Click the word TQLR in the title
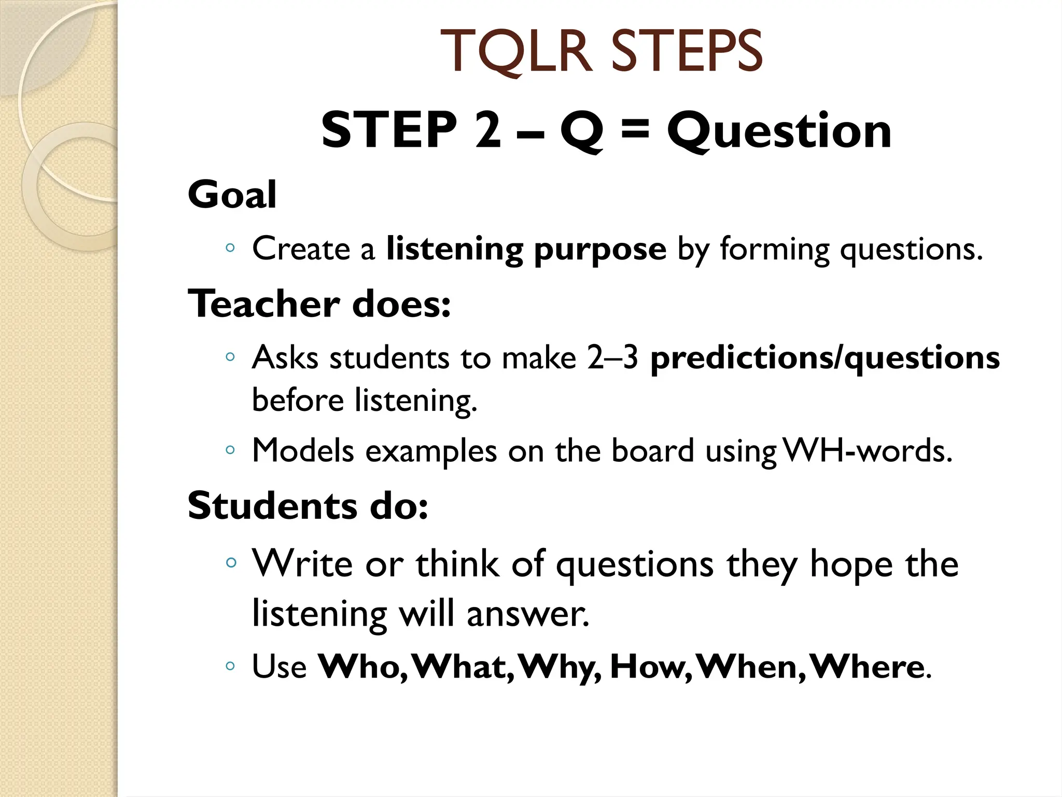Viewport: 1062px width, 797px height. point(516,52)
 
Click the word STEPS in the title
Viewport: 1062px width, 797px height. point(687,52)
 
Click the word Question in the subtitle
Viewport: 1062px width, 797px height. point(779,132)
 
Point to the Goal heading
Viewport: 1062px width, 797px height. point(232,195)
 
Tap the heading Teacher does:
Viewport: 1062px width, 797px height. point(319,304)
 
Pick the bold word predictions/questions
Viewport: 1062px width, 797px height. point(825,359)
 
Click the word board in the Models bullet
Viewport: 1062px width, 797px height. point(652,450)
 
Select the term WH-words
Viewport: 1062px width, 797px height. point(868,450)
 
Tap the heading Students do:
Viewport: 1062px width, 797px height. point(308,505)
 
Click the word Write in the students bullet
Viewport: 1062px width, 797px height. point(303,564)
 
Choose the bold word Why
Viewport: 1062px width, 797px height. point(560,667)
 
